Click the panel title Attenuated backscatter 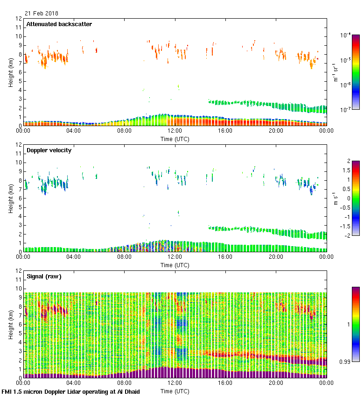coord(59,24)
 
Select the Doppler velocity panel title coord(49,150)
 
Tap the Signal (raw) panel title coord(44,276)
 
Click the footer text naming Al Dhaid coord(70,391)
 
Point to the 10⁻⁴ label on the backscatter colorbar coord(346,35)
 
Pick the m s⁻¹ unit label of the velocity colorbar coord(336,198)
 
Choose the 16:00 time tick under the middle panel coord(225,257)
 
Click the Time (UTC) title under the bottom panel coord(175,391)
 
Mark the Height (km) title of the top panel coord(10,72)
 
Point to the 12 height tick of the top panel coord(19,19)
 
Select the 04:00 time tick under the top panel coord(74,131)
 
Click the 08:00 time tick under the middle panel coord(124,257)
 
